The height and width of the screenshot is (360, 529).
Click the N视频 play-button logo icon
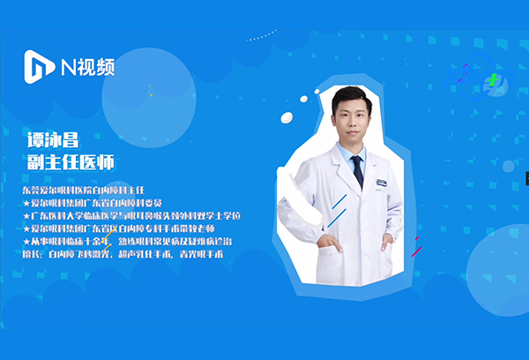(39, 64)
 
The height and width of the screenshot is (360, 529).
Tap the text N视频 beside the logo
(87, 65)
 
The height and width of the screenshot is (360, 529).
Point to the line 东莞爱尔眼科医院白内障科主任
(88, 190)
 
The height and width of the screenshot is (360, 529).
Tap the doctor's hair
(350, 98)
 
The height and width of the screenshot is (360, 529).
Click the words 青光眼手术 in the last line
(201, 254)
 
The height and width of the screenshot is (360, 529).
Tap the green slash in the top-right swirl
(493, 80)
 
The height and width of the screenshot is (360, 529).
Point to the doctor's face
(350, 119)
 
